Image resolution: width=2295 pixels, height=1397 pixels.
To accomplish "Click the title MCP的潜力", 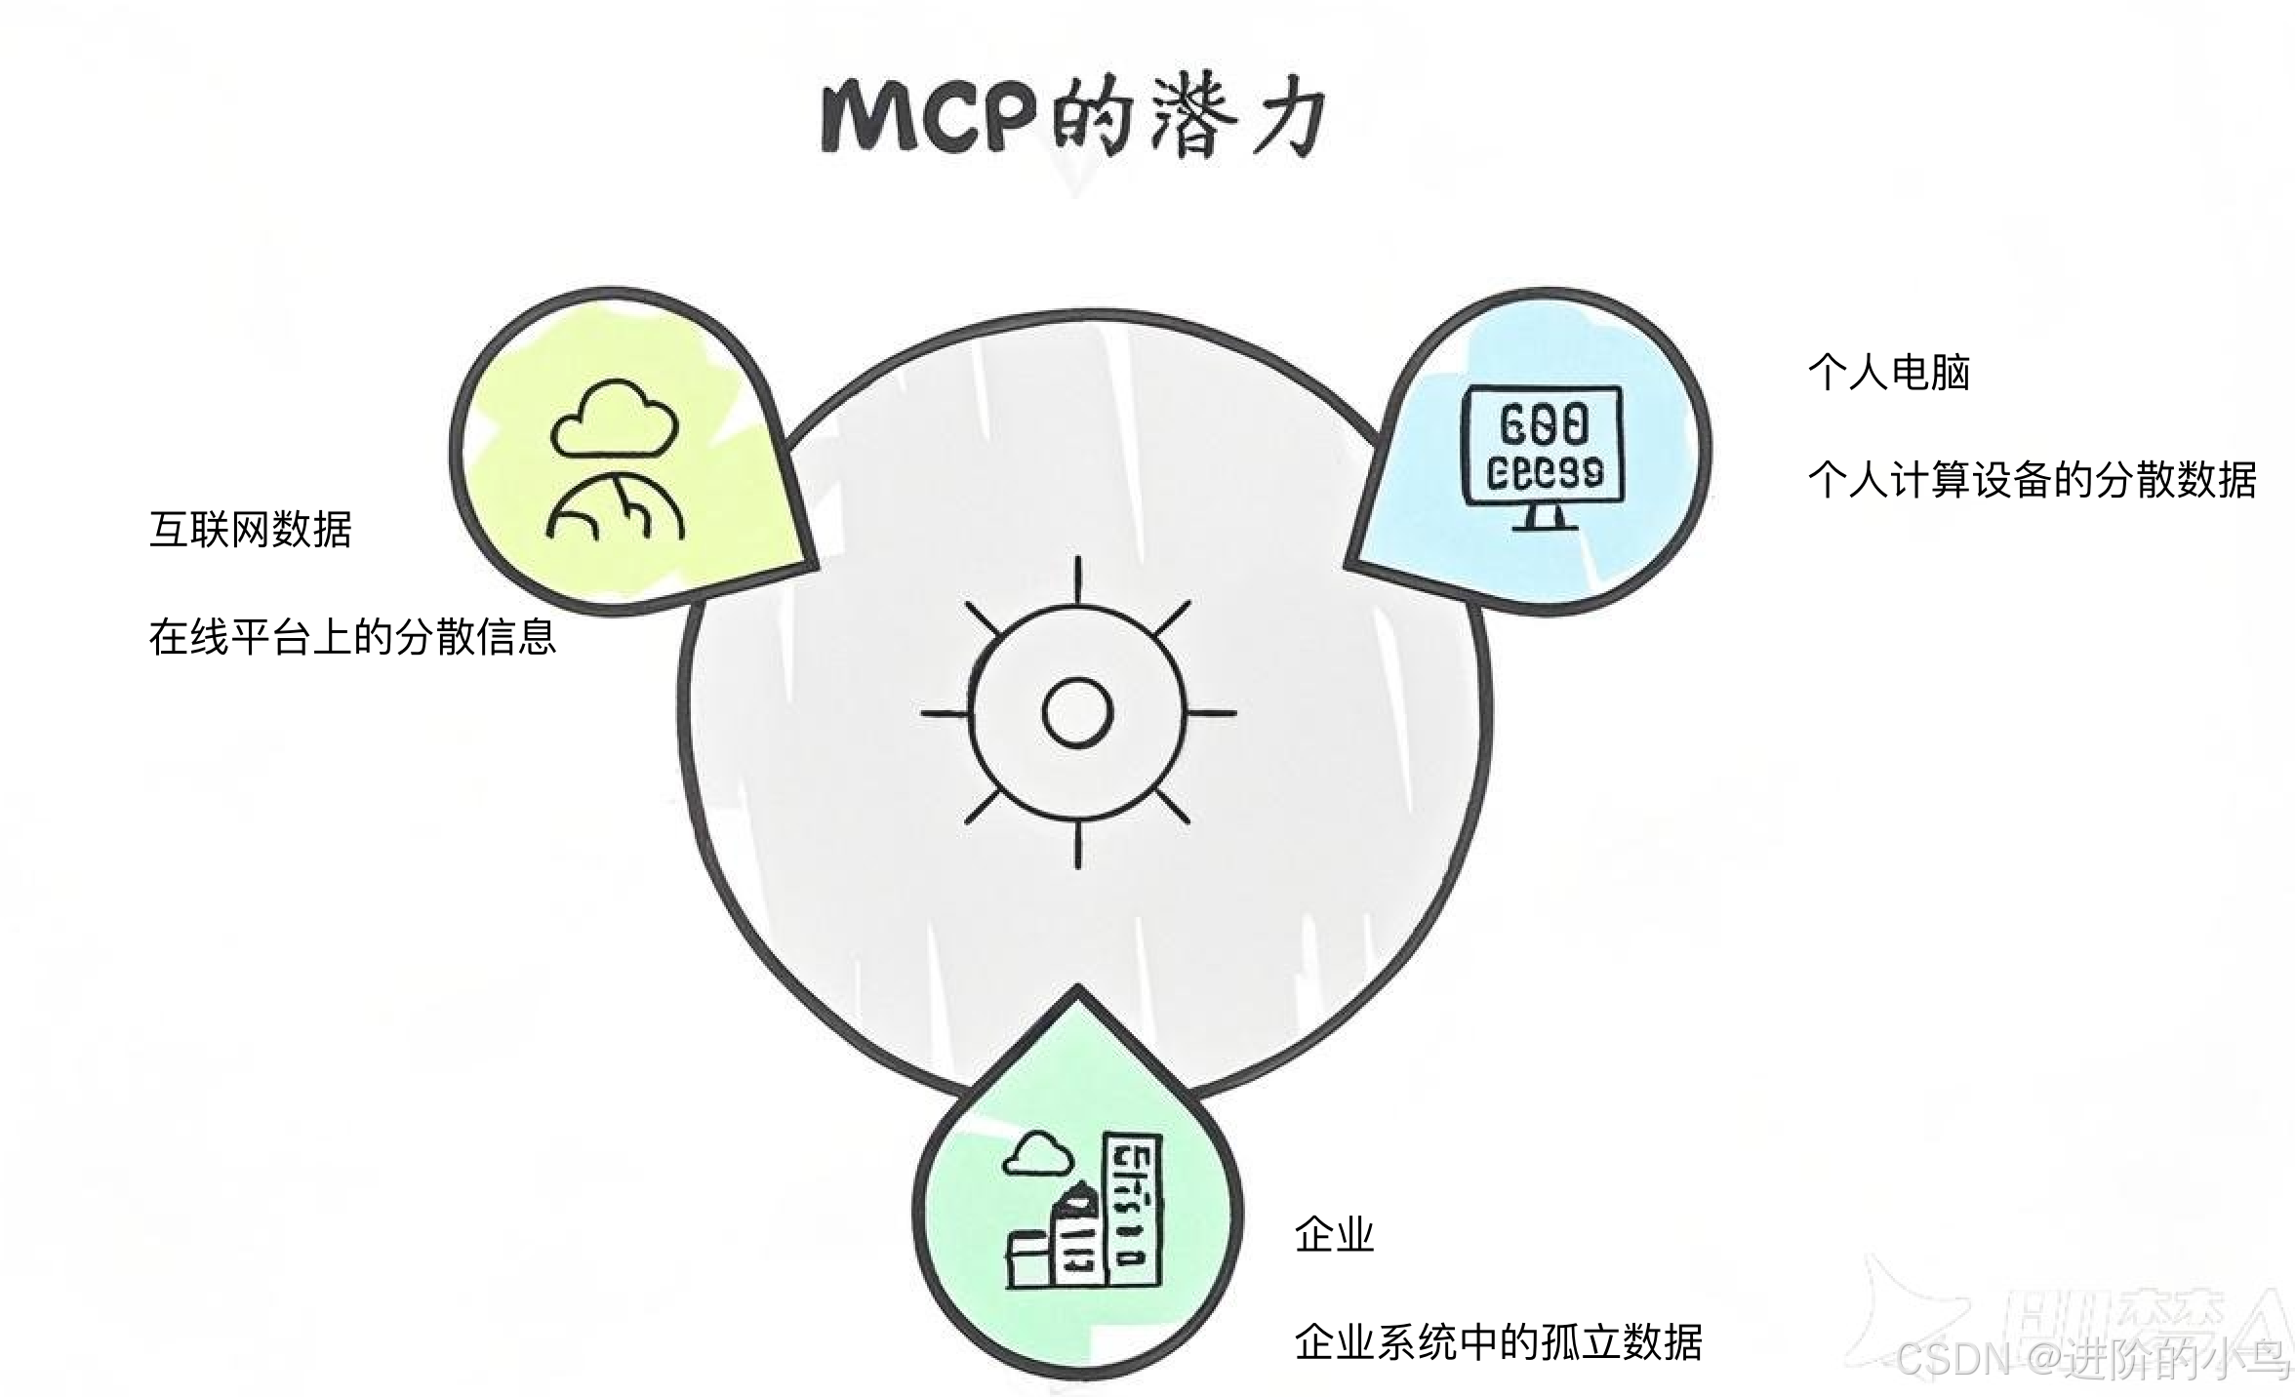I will point(1073,117).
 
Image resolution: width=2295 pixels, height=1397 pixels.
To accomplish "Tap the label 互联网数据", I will point(251,530).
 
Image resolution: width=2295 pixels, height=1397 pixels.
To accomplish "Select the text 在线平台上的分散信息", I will point(352,637).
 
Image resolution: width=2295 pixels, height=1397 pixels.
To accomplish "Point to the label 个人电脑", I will point(1888,373).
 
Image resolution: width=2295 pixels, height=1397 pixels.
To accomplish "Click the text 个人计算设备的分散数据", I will point(2032,480).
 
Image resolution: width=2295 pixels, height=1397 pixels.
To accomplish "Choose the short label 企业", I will point(1334,1235).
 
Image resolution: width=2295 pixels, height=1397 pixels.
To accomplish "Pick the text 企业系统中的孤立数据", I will point(1498,1342).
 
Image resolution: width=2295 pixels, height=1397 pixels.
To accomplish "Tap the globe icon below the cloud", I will point(615,507).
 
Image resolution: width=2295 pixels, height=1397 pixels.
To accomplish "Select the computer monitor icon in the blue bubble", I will point(1543,445).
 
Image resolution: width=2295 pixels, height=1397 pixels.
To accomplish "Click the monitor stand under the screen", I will point(1544,516).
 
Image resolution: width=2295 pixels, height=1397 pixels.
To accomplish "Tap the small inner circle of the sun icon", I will point(1077,712).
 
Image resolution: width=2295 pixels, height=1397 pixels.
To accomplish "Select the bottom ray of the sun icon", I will point(1077,845).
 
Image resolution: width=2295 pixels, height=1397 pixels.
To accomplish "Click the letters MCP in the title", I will point(927,117).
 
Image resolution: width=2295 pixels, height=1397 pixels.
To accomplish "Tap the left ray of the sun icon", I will point(945,713).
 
